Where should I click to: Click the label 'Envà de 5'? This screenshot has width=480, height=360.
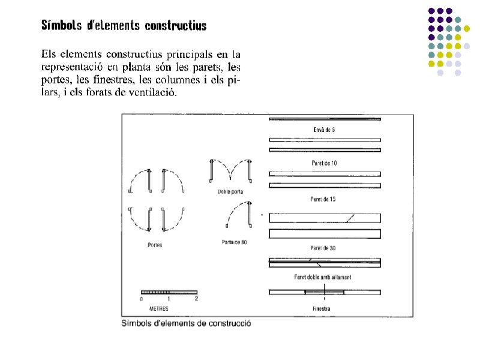point(325,129)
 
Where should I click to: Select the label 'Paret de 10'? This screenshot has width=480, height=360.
point(325,163)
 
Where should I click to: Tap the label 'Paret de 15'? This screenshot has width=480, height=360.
point(325,199)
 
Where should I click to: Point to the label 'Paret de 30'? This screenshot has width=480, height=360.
point(325,248)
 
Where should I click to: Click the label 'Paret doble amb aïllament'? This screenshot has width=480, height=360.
point(323,277)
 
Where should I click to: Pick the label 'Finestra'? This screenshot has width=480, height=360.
point(322,309)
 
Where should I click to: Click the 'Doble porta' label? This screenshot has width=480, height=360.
point(230,192)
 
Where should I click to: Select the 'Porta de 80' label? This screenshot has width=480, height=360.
point(234,242)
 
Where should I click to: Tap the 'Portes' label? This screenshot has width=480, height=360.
point(155,245)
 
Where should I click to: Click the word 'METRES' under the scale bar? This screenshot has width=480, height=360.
point(158,308)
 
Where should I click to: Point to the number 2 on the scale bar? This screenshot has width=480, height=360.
point(196,299)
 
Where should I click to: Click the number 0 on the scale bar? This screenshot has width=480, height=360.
point(142,299)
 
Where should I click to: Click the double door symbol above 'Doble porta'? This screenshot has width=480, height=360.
point(230,170)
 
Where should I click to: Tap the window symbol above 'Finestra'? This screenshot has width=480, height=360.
point(324,292)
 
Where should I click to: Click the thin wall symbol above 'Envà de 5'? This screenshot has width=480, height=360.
point(325,119)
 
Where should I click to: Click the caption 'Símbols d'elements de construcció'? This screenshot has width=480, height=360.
point(186,323)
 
